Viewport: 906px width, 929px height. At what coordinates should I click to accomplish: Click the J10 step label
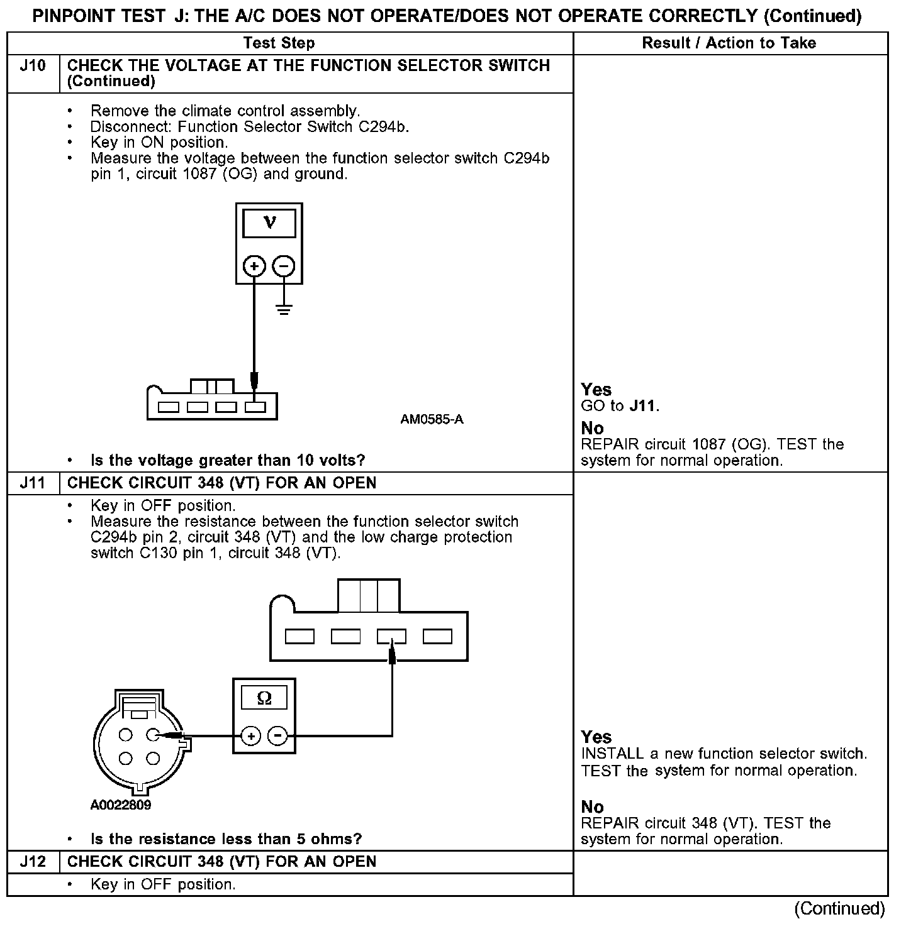coord(33,66)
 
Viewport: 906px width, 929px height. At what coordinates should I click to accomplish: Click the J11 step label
coord(33,483)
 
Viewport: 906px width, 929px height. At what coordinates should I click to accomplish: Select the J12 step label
coord(33,862)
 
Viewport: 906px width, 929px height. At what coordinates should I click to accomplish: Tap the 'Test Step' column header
coord(279,43)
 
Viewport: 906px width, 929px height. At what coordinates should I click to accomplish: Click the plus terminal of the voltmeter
coord(254,267)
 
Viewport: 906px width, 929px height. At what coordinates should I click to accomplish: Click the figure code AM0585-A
coord(432,419)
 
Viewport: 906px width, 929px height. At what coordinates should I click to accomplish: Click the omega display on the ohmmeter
coord(264,698)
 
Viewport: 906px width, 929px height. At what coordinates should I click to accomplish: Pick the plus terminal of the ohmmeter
coord(250,735)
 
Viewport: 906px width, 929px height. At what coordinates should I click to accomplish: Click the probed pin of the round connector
coord(153,734)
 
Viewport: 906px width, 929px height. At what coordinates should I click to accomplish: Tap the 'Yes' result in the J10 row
coord(596,390)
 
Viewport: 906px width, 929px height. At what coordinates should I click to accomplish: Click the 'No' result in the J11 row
coord(592,807)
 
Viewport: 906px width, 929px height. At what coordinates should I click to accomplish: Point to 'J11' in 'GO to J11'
coord(643,406)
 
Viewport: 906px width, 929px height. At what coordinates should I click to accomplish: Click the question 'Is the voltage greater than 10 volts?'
coord(228,461)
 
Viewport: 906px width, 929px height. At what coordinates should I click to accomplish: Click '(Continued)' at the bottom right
coord(839,908)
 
